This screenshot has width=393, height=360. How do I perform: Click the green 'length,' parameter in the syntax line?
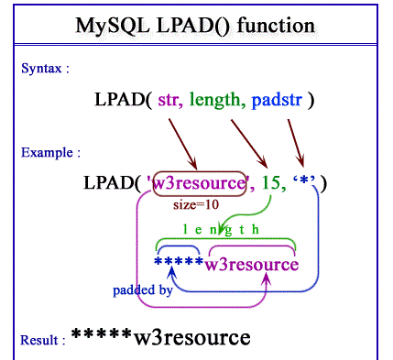pyautogui.click(x=216, y=99)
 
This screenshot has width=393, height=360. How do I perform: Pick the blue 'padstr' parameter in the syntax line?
pyautogui.click(x=279, y=99)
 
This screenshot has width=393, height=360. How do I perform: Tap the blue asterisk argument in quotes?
pyautogui.click(x=301, y=184)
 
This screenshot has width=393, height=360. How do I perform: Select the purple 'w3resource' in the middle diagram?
pyautogui.click(x=251, y=265)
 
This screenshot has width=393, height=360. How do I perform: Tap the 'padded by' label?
pyautogui.click(x=143, y=290)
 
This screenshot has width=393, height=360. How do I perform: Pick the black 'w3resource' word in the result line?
pyautogui.click(x=191, y=338)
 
